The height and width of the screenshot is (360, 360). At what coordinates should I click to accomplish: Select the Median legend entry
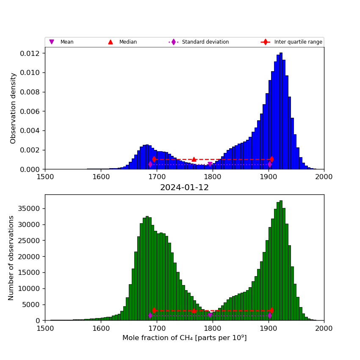pos(127,42)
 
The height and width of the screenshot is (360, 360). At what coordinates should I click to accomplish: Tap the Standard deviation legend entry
pos(205,42)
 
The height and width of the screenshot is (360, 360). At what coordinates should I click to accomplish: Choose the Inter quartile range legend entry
pos(298,42)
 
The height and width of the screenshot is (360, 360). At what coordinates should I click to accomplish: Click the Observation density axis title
pos(13,108)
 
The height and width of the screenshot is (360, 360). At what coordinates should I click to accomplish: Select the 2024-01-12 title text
pos(184,188)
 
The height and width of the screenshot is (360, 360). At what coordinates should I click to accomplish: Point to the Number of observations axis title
pos(11,258)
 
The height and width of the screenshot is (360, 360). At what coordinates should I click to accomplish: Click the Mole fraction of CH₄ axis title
pos(184,338)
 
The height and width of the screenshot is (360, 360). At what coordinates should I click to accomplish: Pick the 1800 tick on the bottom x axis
pos(212,328)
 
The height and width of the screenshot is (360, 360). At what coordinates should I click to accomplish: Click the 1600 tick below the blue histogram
pos(101,177)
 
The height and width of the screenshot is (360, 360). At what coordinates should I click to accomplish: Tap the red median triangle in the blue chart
pos(194,159)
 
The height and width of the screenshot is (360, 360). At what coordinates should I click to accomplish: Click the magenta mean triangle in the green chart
pos(210,316)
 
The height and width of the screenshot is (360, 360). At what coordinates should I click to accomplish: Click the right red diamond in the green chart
pos(271,310)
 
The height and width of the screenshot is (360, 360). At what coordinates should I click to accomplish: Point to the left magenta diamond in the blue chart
pos(150,164)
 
